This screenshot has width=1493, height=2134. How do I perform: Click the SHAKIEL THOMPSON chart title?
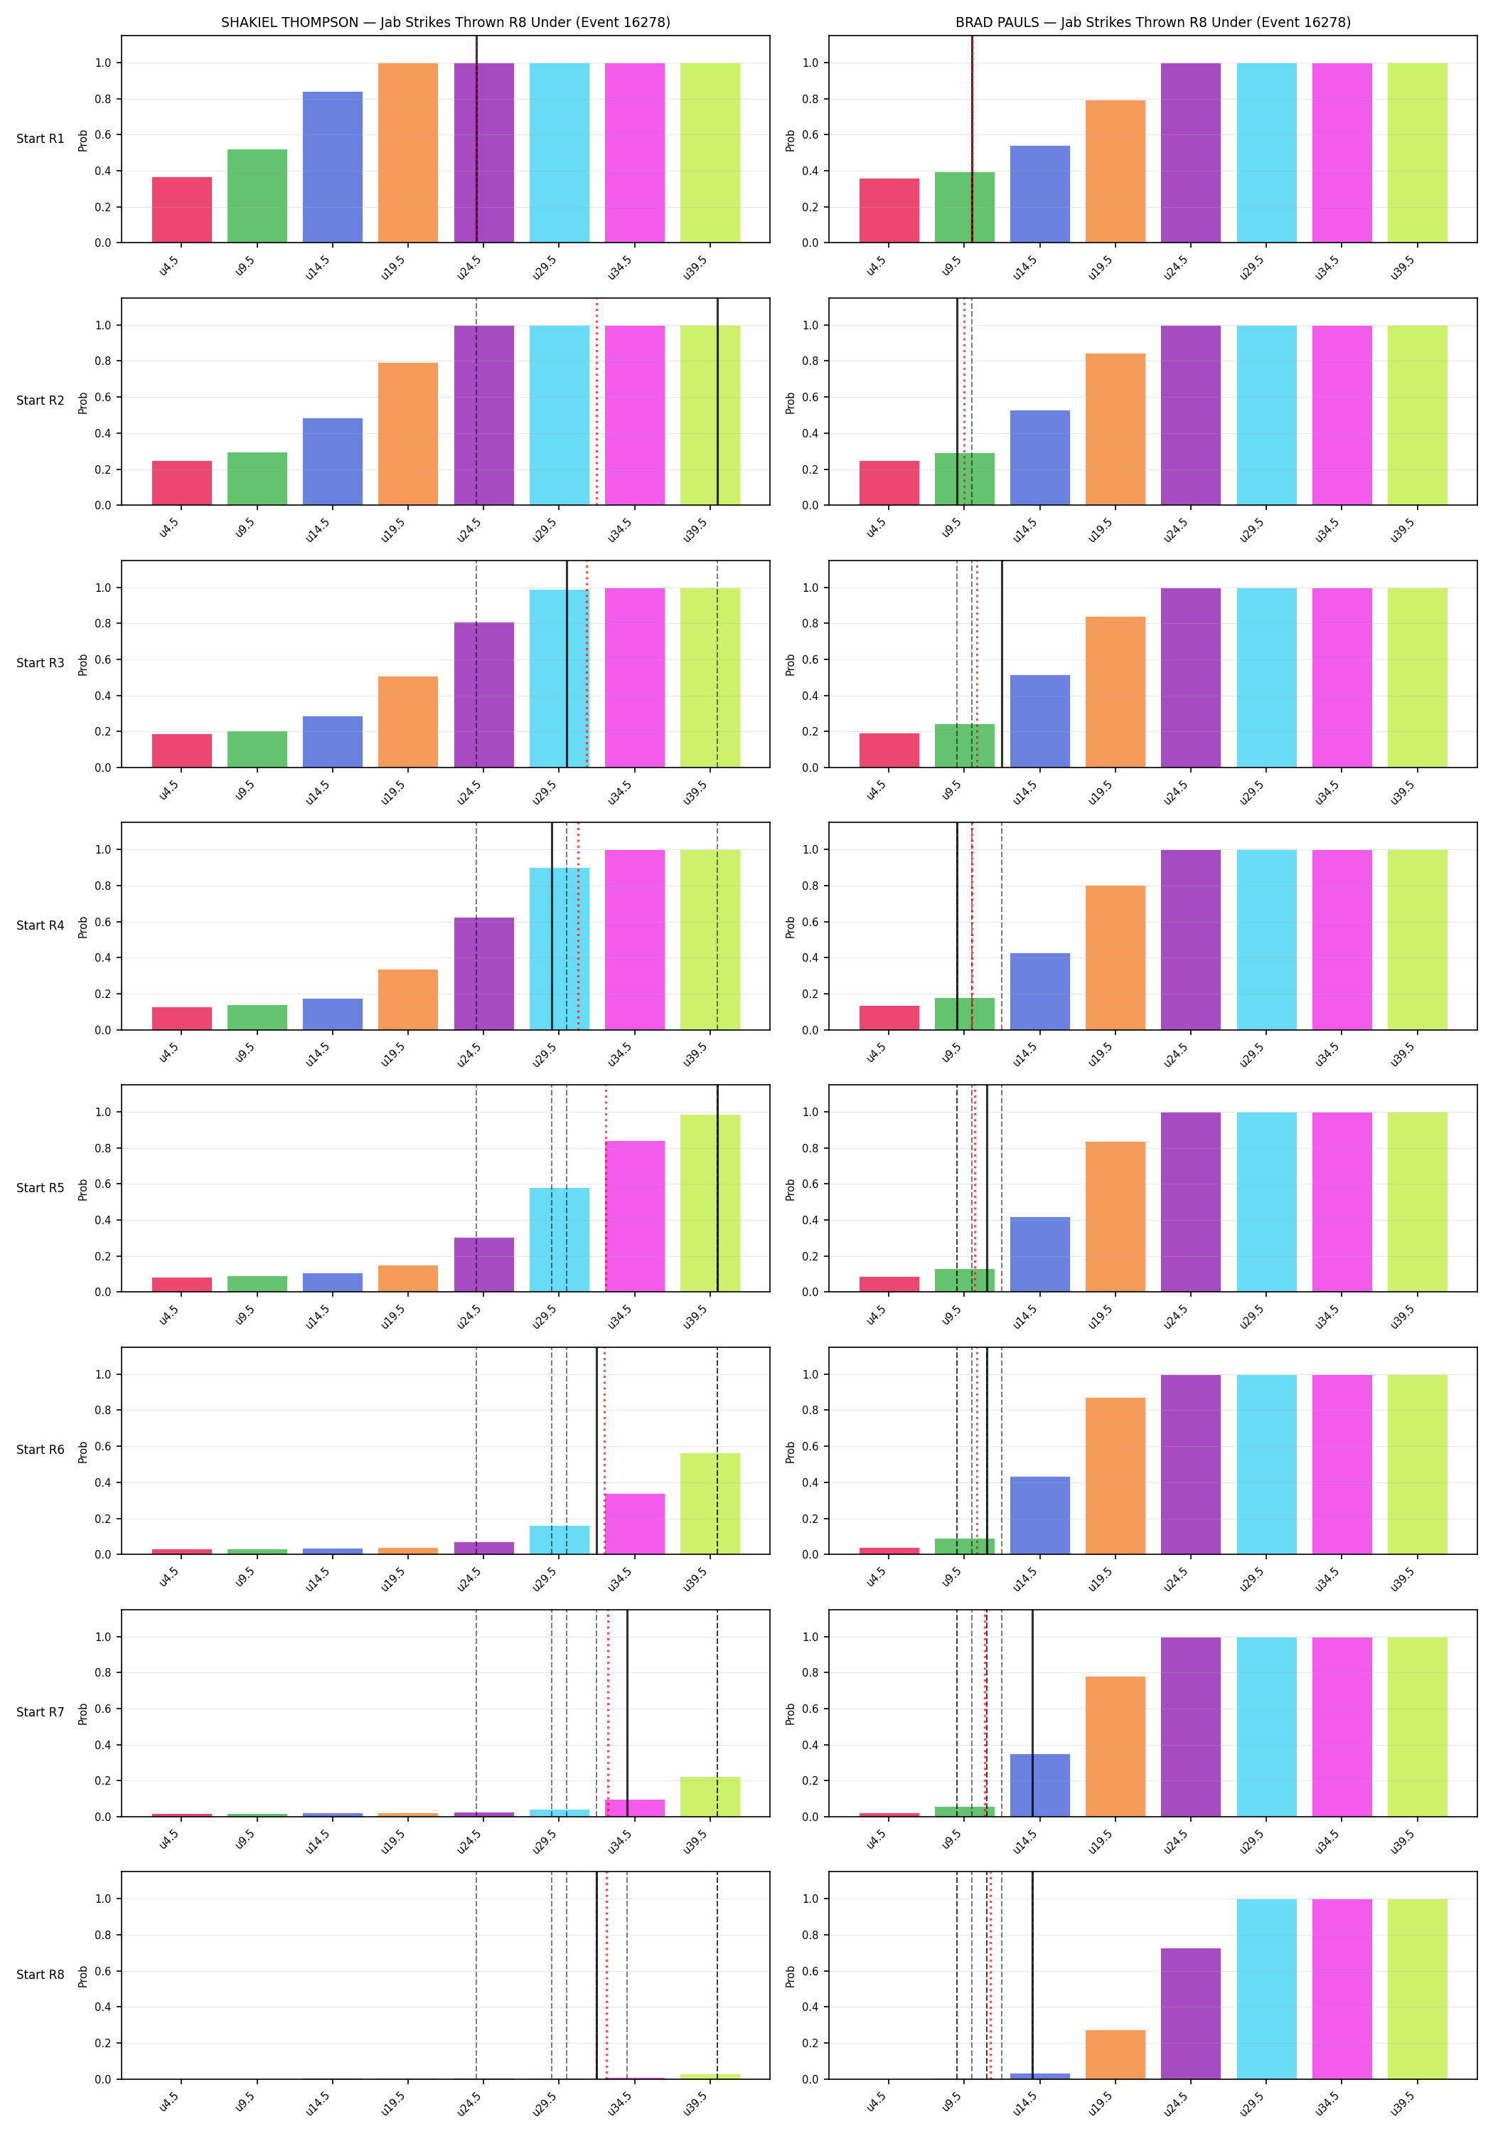(445, 22)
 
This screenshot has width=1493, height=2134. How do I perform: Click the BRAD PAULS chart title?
(1153, 22)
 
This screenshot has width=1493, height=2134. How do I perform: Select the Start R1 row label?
(40, 139)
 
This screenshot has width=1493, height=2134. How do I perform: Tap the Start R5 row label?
(40, 1188)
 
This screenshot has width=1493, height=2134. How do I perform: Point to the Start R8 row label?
(40, 1974)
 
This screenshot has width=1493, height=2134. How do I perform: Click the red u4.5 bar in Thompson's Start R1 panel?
(182, 210)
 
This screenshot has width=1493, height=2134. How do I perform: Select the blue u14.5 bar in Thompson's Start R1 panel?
(333, 167)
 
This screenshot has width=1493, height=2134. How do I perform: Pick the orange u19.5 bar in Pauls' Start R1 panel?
(1115, 171)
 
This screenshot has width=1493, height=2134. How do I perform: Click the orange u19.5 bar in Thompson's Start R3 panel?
(408, 721)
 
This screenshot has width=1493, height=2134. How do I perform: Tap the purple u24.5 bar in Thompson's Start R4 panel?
(484, 974)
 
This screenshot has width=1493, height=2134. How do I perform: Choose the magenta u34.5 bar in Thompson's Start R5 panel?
(635, 1216)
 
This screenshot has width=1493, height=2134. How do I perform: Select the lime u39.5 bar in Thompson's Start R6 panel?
(710, 1504)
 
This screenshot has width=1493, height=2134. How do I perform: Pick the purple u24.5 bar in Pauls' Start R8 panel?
(1190, 2013)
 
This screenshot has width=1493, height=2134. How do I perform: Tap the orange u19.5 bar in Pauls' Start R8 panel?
(1115, 2054)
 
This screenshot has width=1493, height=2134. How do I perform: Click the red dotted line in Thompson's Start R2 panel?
(596, 401)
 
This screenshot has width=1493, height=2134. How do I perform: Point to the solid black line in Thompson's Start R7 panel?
(627, 1713)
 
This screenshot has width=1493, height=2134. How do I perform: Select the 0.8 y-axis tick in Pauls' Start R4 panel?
(810, 886)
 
